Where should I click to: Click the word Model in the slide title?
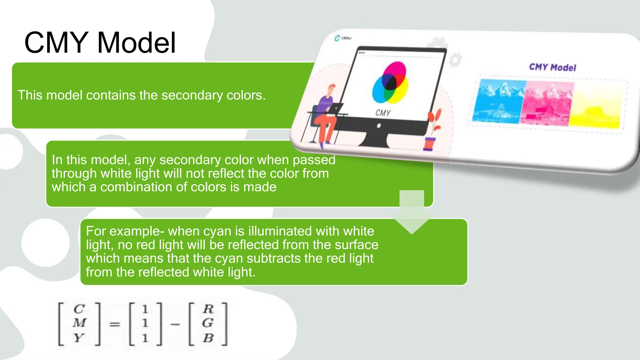click(x=136, y=43)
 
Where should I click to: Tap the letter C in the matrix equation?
click(x=79, y=309)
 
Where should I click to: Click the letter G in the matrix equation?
click(x=208, y=323)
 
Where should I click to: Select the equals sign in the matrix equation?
click(x=114, y=324)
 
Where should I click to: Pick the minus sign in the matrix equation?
click(x=175, y=324)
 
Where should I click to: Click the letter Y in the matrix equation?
click(x=79, y=338)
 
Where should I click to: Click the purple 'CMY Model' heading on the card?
click(x=552, y=67)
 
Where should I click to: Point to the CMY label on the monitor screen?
click(x=383, y=113)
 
